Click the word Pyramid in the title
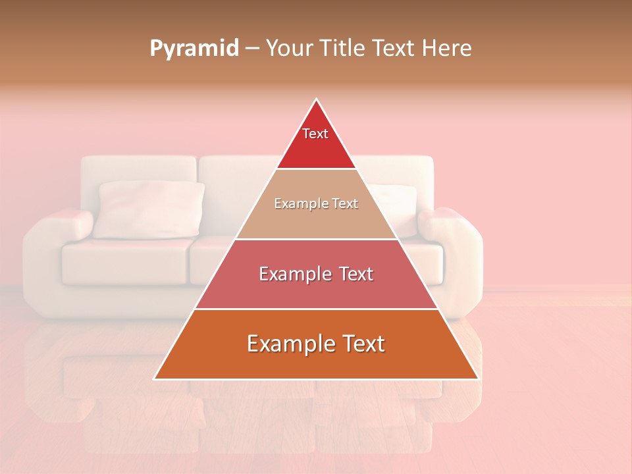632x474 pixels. pyautogui.click(x=194, y=49)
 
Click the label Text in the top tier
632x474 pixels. pyautogui.click(x=315, y=134)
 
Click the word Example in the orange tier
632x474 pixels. pyautogui.click(x=286, y=344)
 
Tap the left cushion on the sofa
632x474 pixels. pyautogui.click(x=149, y=209)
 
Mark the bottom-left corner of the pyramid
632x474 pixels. pyautogui.click(x=155, y=379)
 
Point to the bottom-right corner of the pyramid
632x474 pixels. pyautogui.click(x=478, y=379)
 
